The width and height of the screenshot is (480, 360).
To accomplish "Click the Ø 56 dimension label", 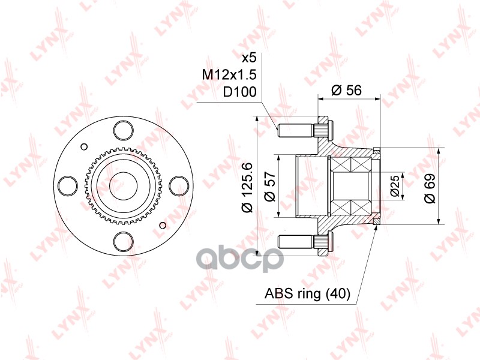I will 346,90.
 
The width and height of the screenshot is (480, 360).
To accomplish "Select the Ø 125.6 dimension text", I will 246,187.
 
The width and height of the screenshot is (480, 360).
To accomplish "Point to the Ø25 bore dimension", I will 395,186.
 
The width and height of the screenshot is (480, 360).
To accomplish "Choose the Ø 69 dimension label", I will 429,187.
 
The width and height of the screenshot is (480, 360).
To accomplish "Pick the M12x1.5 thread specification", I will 230,75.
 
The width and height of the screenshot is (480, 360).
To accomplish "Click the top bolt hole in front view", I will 123,128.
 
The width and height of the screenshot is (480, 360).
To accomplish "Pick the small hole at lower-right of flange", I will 163,224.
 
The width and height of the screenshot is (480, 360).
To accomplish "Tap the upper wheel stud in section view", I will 303,128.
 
